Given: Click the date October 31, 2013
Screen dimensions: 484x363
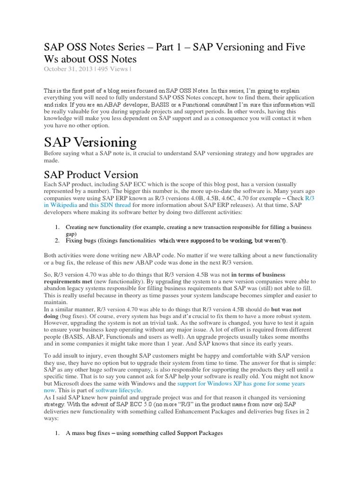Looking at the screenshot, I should [x=67, y=69].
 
